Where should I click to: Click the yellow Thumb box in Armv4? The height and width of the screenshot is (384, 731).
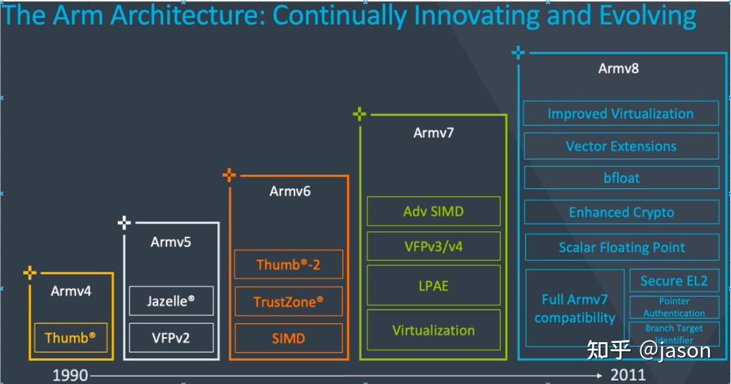(70, 338)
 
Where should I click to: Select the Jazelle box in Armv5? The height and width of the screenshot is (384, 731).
(171, 301)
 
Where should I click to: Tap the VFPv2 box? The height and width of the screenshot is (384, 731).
(171, 338)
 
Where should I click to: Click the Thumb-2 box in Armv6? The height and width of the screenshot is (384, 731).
(289, 265)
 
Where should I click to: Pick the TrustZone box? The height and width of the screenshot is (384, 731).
(289, 302)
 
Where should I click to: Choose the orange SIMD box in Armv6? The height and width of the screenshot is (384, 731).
(289, 338)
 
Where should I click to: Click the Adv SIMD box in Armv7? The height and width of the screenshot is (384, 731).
(433, 211)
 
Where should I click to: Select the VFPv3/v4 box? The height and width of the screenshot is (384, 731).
(433, 246)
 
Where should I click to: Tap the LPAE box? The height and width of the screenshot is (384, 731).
(433, 286)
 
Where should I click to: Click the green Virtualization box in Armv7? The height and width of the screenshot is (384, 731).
(433, 330)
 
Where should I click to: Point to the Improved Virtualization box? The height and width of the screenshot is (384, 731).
(620, 114)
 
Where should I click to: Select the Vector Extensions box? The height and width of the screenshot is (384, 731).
(620, 146)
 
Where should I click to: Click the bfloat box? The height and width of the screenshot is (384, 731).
(620, 178)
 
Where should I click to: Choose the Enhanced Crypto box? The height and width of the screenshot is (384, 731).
(620, 213)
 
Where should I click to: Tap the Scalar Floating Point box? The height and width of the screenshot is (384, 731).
(620, 247)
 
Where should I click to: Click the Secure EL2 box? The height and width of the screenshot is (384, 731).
(673, 281)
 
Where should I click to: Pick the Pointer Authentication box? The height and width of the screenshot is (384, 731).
(673, 307)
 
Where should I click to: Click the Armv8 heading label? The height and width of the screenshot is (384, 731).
(618, 68)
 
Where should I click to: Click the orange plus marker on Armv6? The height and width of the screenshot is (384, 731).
(229, 176)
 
